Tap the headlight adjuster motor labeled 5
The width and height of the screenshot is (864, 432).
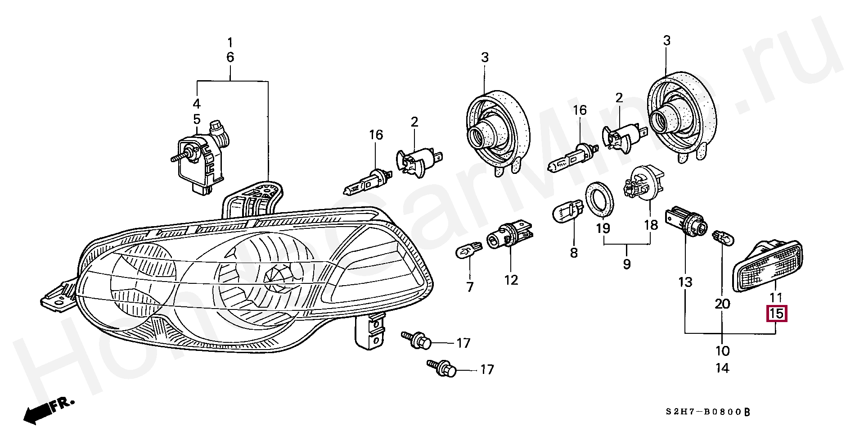[x=200, y=155]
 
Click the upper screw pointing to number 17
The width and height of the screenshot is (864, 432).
[x=417, y=340]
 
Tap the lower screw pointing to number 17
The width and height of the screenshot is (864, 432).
[x=442, y=367]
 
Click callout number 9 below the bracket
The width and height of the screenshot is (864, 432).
[x=627, y=264]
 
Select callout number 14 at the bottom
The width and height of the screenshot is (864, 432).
[x=722, y=368]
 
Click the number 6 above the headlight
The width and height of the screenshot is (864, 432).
[x=230, y=57]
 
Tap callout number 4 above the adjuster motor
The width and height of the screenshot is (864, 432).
[x=197, y=104]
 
